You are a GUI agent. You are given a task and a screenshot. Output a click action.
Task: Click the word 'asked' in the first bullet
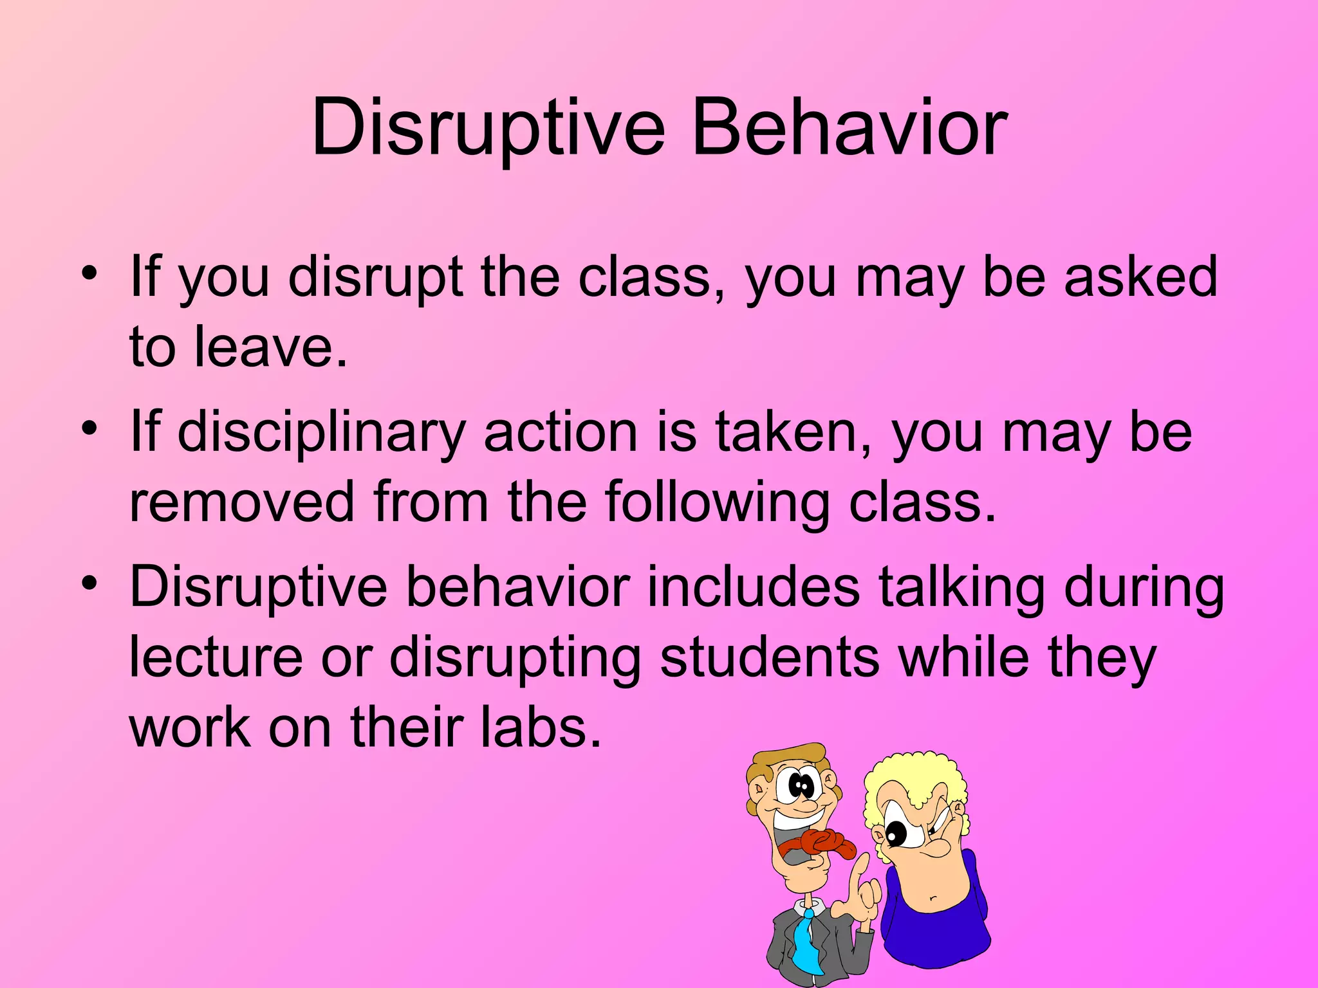pyautogui.click(x=1140, y=277)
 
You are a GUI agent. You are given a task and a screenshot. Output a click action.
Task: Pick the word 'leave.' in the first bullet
pyautogui.click(x=270, y=347)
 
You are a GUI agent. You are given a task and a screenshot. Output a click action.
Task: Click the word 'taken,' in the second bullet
pyautogui.click(x=794, y=432)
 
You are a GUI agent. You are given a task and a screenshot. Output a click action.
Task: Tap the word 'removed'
pyautogui.click(x=242, y=502)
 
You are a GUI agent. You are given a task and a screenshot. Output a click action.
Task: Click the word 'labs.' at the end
pyautogui.click(x=541, y=727)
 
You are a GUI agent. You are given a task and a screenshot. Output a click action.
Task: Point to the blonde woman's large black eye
pyautogui.click(x=895, y=834)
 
